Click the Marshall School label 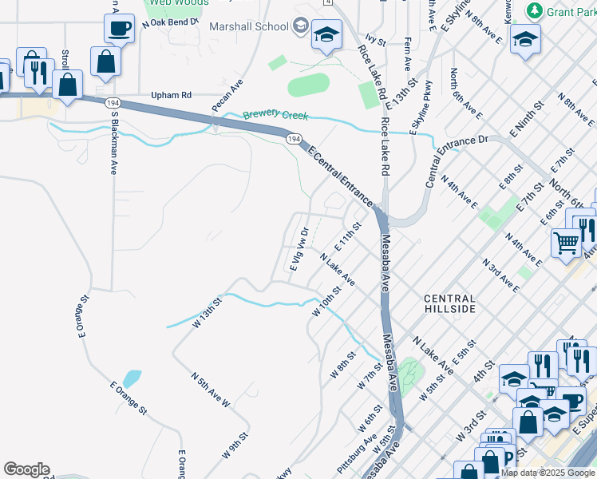pyautogui.click(x=248, y=26)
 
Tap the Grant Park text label pyautogui.click(x=571, y=11)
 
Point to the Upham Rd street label pyautogui.click(x=172, y=95)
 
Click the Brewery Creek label pyautogui.click(x=275, y=116)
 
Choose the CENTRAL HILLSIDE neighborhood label pyautogui.click(x=449, y=303)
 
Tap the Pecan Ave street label pyautogui.click(x=227, y=95)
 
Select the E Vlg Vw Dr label pyautogui.click(x=298, y=249)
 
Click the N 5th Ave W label pyautogui.click(x=210, y=390)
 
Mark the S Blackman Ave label pyautogui.click(x=114, y=143)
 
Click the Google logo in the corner pyautogui.click(x=26, y=469)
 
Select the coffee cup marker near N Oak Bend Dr pyautogui.click(x=119, y=29)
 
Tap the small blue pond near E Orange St pyautogui.click(x=133, y=378)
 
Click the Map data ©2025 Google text pyautogui.click(x=548, y=473)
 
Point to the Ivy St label pyautogui.click(x=375, y=38)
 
